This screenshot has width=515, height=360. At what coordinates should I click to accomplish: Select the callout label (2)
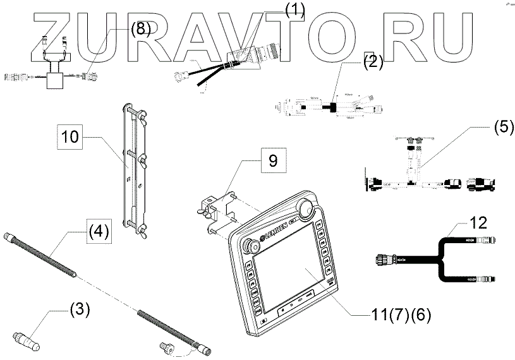[373, 61]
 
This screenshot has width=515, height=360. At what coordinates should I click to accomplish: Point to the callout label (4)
[98, 231]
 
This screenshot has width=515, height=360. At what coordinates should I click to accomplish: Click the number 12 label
[478, 223]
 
